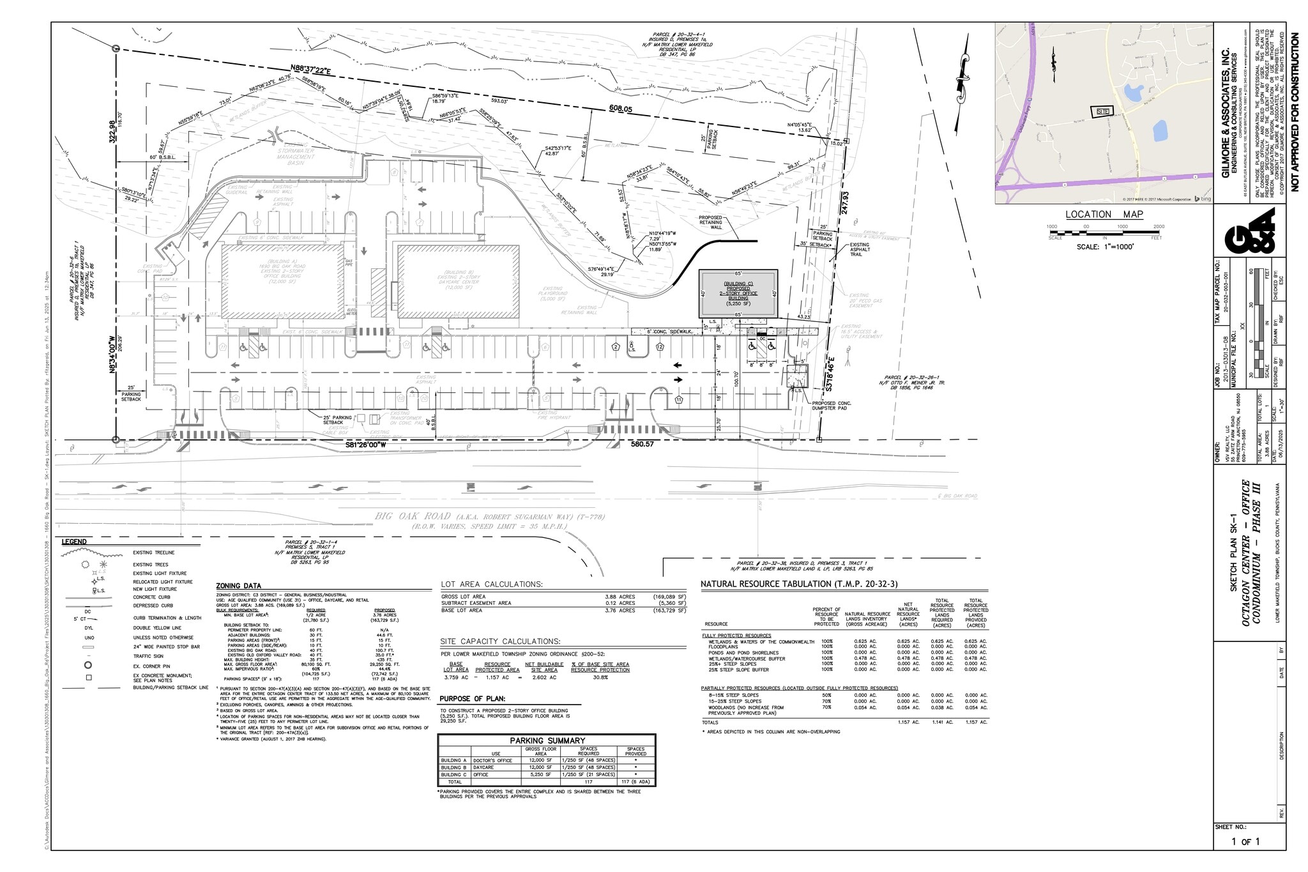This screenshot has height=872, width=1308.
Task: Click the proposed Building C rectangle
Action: point(738,293)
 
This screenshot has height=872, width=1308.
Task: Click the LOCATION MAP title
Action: point(1104,215)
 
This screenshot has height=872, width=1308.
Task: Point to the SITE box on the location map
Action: point(1103,111)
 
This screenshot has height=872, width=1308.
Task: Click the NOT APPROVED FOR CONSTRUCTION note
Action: point(1295,112)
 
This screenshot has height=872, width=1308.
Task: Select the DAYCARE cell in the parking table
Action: point(483,767)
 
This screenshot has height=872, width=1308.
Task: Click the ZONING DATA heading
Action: point(238,586)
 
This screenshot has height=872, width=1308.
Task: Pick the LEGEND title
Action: point(74,542)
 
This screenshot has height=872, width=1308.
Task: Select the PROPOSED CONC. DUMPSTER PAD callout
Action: point(832,406)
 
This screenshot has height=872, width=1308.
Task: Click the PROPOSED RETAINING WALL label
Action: point(710,222)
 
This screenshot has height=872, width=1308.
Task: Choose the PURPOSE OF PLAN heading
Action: point(472,698)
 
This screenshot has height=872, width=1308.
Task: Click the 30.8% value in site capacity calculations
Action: point(600,677)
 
